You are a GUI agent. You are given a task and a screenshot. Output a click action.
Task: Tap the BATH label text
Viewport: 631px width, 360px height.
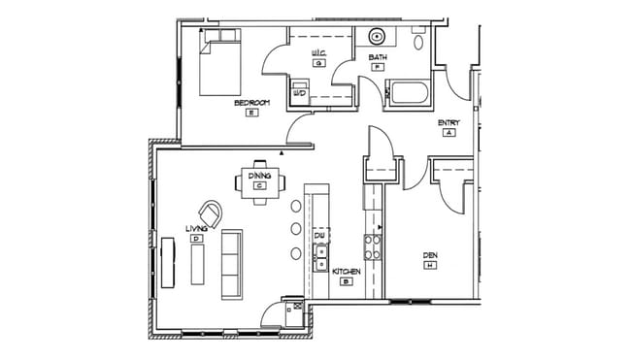tap(378, 57)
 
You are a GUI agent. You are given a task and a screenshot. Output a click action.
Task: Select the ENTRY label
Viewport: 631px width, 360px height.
tap(448, 122)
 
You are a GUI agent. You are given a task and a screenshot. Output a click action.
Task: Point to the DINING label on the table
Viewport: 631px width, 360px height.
tap(259, 176)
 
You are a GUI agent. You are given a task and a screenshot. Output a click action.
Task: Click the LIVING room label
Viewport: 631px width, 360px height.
tap(196, 228)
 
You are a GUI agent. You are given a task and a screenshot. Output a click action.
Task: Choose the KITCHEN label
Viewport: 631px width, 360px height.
tap(347, 272)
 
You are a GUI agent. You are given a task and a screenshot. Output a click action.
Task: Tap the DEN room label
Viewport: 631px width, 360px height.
tap(430, 256)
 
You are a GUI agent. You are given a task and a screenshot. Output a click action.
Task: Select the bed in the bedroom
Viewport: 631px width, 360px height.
tap(218, 63)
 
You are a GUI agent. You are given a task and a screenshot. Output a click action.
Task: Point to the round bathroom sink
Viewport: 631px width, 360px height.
tap(376, 39)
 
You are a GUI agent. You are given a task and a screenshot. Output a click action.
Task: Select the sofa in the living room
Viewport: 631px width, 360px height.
tap(231, 263)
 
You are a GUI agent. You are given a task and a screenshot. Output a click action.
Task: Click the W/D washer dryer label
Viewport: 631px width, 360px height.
tap(299, 93)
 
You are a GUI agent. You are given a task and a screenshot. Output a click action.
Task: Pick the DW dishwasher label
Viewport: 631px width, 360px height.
tap(318, 236)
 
